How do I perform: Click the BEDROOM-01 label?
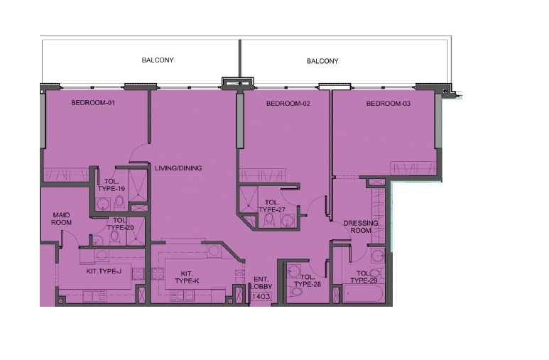[x=93, y=104]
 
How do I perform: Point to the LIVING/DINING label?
[x=178, y=168]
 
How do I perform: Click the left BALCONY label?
[x=158, y=60]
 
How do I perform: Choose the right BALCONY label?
[x=322, y=61]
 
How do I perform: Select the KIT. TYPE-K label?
[x=187, y=278]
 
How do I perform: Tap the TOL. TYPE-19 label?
[x=111, y=185]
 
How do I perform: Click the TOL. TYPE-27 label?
[x=271, y=206]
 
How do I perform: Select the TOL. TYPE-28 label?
[x=308, y=280]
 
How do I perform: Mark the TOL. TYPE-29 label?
[x=364, y=277]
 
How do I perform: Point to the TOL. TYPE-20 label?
[x=119, y=224]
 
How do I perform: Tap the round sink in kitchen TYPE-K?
[x=214, y=250]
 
